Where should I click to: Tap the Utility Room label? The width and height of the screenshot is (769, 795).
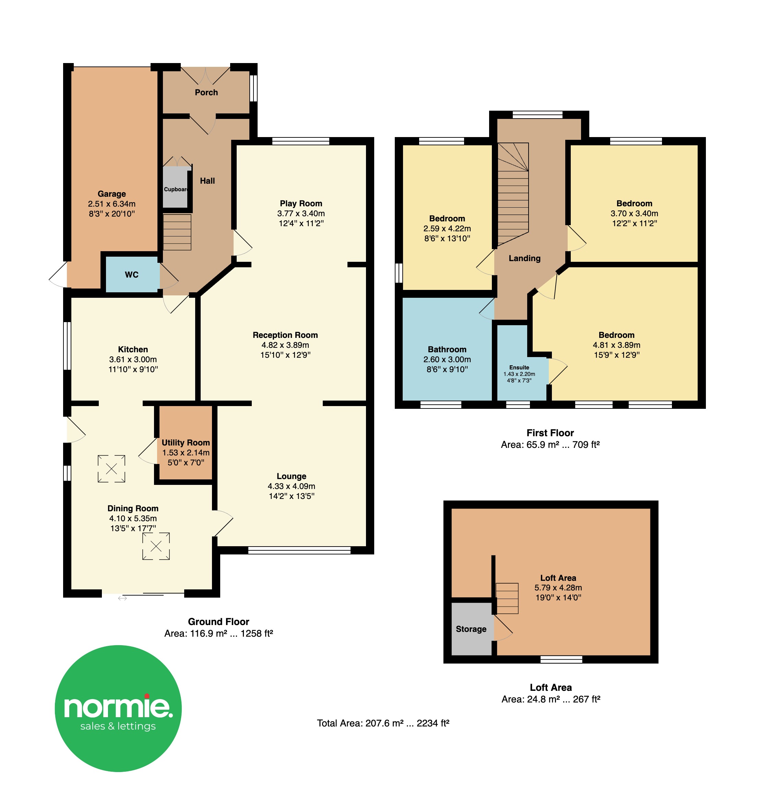186,442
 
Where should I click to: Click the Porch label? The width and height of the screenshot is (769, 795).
206,93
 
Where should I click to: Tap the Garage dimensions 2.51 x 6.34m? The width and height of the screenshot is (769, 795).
112,204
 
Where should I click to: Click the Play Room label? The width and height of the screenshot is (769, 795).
301,203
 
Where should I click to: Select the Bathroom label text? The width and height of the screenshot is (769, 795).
447,349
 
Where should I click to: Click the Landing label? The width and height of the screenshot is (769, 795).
524,258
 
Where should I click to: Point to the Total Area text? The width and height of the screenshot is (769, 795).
383,723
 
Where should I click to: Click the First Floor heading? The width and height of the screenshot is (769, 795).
550,433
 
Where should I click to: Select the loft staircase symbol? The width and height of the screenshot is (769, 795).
507,598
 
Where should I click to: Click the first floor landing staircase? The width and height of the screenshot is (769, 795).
513,194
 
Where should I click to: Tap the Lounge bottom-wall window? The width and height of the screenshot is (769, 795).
299,550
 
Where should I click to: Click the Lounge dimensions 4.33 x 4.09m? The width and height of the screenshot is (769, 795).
292,486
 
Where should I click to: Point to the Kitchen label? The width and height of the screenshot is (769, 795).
133,349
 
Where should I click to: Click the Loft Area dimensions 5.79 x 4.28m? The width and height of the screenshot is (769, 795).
558,588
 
